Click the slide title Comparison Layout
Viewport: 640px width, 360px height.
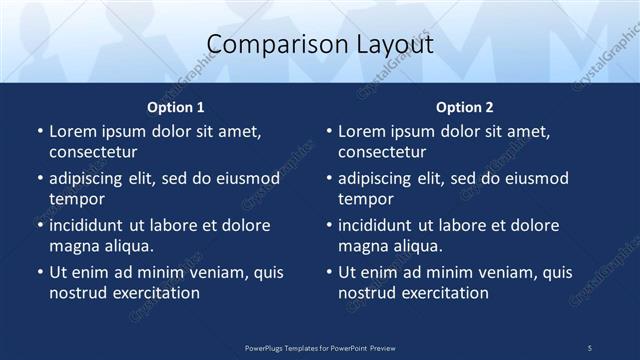coord(320,45)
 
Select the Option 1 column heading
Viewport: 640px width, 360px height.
coord(176,107)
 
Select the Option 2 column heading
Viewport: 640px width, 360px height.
coord(465,107)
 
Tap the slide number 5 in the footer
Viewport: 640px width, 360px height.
coord(590,347)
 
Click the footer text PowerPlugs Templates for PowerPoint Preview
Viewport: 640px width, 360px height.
coord(320,347)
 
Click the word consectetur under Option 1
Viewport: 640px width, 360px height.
coord(93,152)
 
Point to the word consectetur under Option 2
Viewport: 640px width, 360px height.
coord(382,152)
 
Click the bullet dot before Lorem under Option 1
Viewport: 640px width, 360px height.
coord(39,131)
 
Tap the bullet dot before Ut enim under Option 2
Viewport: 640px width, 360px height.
coord(328,272)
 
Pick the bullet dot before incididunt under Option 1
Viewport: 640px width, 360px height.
coord(39,225)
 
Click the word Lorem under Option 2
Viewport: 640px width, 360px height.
coord(362,131)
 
